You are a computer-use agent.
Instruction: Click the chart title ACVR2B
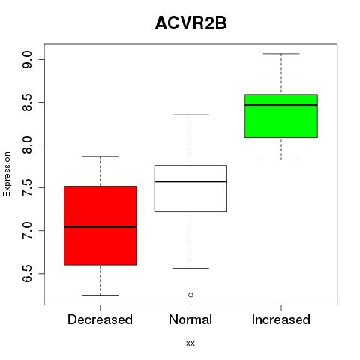[x=190, y=23]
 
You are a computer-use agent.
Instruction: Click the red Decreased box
[x=100, y=225]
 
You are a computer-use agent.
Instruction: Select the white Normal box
[x=190, y=188]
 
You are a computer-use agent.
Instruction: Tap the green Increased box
[x=281, y=115]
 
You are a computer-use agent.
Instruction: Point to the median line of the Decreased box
[x=100, y=227]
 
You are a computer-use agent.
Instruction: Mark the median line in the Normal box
[x=190, y=181]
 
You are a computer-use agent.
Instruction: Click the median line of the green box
[x=281, y=105]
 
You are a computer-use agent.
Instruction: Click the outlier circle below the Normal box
[x=190, y=295]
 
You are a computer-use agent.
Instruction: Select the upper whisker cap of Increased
[x=281, y=54]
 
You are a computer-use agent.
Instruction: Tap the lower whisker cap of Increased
[x=281, y=160]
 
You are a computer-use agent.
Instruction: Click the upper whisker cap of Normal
[x=190, y=115]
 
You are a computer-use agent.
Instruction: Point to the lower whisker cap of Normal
[x=190, y=268]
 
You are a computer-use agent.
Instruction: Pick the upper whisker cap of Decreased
[x=100, y=157]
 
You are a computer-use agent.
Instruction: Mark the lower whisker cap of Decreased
[x=100, y=295]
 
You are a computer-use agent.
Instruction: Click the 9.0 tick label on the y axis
[x=27, y=60]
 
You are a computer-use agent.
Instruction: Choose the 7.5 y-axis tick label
[x=27, y=188]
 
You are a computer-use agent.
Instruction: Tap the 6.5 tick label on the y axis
[x=27, y=274]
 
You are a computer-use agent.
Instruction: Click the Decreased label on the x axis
[x=100, y=319]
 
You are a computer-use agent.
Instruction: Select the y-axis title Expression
[x=7, y=174]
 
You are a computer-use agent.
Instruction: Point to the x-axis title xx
[x=190, y=343]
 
